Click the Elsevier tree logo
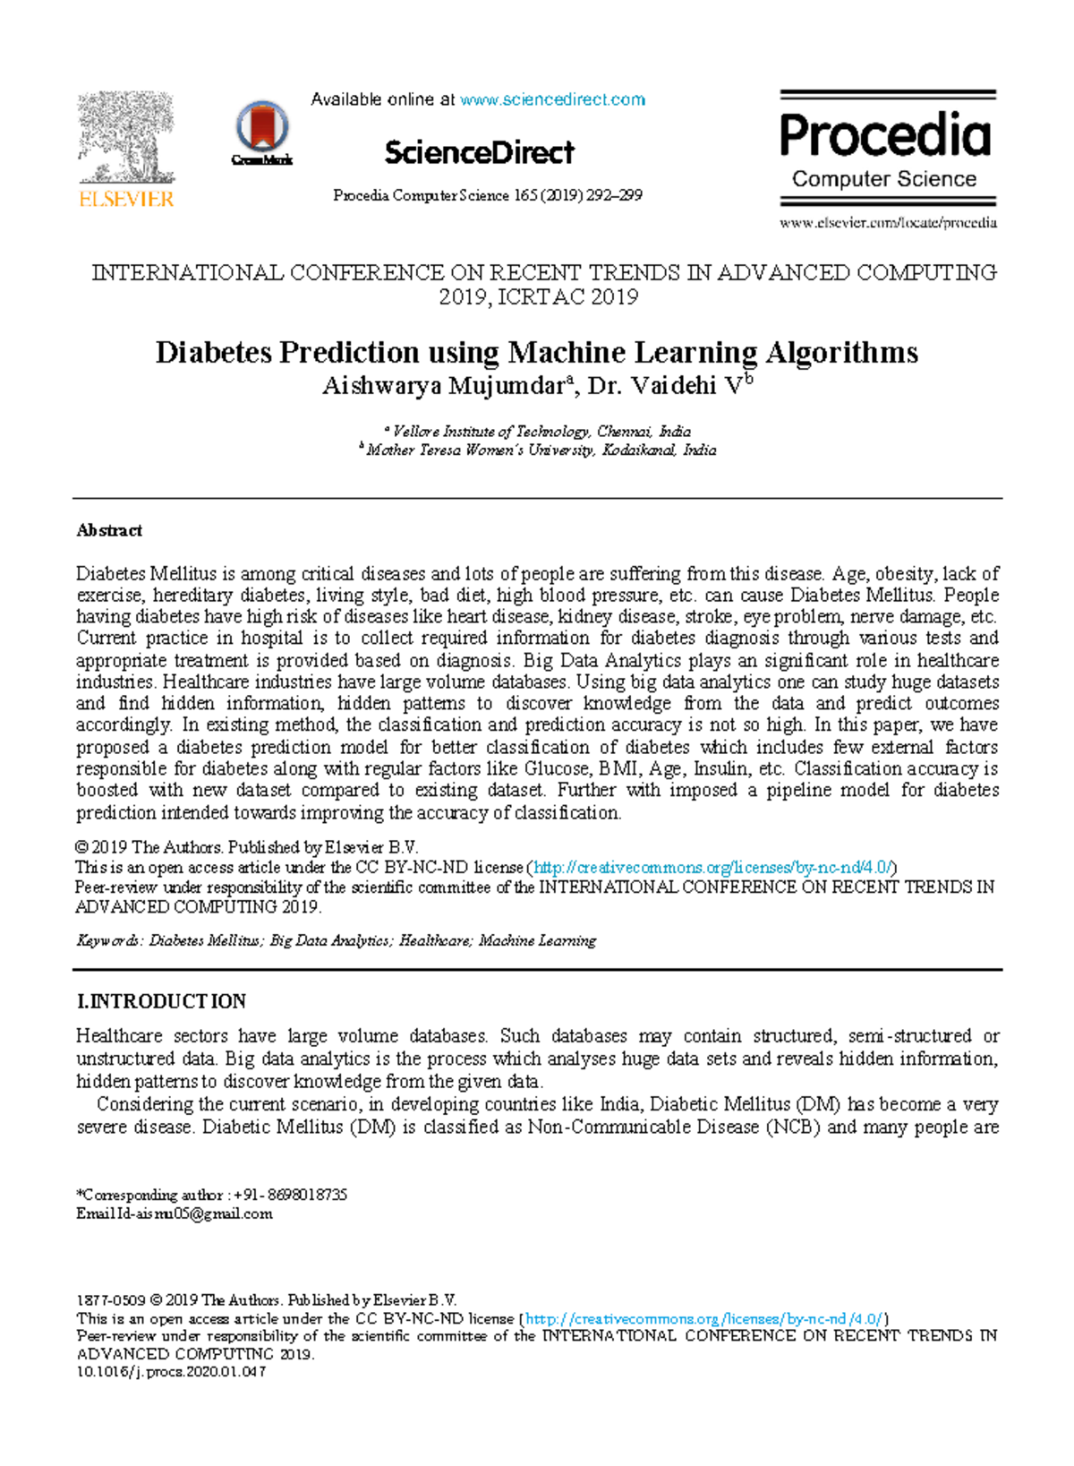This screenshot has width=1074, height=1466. point(125,137)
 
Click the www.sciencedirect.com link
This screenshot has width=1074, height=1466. point(552,99)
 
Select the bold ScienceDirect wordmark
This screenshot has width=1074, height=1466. point(479,152)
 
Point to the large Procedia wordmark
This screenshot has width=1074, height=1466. point(885,136)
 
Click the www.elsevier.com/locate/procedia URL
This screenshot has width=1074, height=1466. point(888,223)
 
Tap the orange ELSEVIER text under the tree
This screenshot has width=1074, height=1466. point(126,199)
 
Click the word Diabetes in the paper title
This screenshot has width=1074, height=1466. point(213,352)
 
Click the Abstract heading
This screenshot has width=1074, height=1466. point(109,530)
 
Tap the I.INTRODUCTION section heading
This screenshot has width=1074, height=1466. point(162,1001)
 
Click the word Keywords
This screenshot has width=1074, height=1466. point(108,940)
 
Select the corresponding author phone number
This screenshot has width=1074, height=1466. point(290,1195)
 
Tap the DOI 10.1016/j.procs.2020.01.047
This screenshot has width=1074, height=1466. point(172,1372)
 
